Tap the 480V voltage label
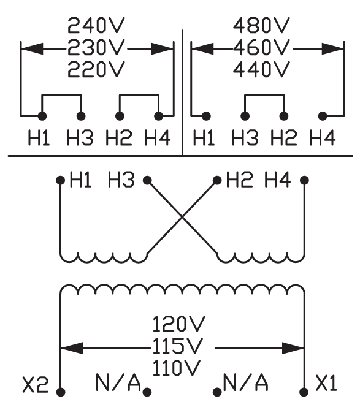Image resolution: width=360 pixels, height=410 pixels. (x=262, y=26)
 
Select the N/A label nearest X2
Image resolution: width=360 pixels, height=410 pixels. (x=118, y=382)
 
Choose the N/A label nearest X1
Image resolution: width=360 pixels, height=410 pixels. (x=245, y=382)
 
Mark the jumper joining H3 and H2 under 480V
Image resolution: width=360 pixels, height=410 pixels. (x=264, y=96)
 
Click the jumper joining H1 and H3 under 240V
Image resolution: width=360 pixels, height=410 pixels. (x=61, y=96)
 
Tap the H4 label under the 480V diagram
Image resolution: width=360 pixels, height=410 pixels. (x=323, y=139)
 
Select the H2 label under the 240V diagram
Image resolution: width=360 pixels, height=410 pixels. (x=118, y=139)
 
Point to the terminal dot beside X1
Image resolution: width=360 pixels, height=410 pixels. (x=304, y=389)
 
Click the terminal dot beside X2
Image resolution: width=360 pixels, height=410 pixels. (x=60, y=390)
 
